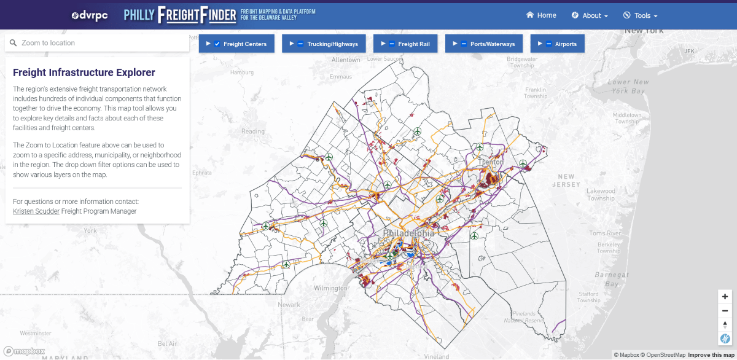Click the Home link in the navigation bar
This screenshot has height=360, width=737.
(541, 15)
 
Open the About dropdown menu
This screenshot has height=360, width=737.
(590, 15)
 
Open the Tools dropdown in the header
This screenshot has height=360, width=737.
(641, 15)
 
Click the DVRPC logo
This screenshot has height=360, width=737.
(90, 15)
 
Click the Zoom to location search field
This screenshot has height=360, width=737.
(98, 43)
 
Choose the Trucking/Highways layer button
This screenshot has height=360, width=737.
(324, 44)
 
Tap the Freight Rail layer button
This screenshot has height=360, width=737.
(405, 44)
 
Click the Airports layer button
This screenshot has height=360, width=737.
(557, 44)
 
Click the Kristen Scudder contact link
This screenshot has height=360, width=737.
(36, 211)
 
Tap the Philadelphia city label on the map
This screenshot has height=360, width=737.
(408, 233)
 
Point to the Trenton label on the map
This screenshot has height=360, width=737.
(491, 162)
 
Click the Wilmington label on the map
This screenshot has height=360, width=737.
(330, 288)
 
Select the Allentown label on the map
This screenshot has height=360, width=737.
(346, 60)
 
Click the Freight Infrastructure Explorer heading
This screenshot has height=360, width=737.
(84, 73)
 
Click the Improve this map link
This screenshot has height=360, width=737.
(710, 355)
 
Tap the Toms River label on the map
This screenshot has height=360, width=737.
(605, 233)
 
